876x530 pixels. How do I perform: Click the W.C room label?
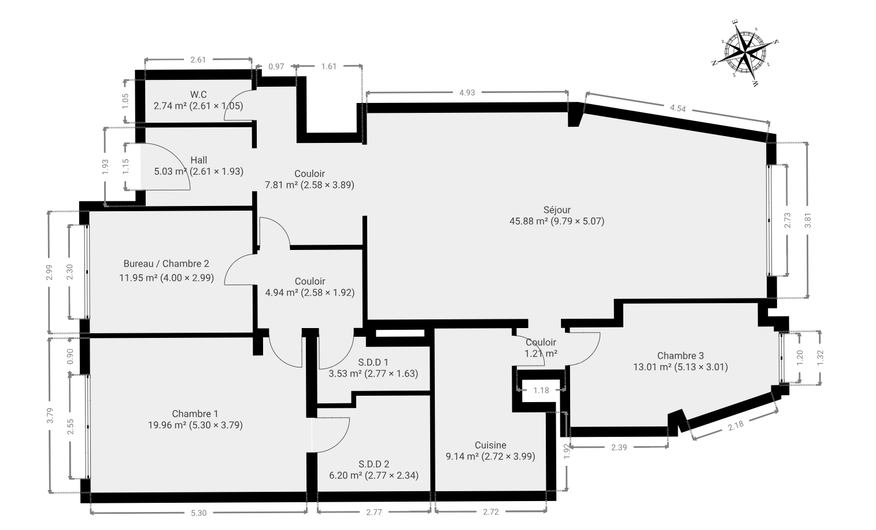point(198,94)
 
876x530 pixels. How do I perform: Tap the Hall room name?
point(199,160)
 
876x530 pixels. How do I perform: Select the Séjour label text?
point(557,210)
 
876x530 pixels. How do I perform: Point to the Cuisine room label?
point(490,445)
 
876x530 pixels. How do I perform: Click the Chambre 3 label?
point(681,356)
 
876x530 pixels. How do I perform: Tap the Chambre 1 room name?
point(195,414)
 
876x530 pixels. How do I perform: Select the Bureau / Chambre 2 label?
point(166,264)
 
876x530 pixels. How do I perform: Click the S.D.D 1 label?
point(373,362)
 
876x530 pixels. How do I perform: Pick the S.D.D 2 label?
point(374,464)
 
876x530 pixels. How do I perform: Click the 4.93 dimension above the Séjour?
point(467,93)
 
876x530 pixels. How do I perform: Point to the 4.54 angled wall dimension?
point(678,108)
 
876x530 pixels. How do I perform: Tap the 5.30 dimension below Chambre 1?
point(199,513)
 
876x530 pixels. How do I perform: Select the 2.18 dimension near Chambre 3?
point(735,425)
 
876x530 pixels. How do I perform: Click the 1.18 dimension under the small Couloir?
point(541,390)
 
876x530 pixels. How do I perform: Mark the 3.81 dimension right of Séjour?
point(808,220)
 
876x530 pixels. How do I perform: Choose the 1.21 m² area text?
point(541,354)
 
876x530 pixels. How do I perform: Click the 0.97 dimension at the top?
point(276,67)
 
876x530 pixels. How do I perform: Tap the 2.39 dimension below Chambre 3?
point(619,447)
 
